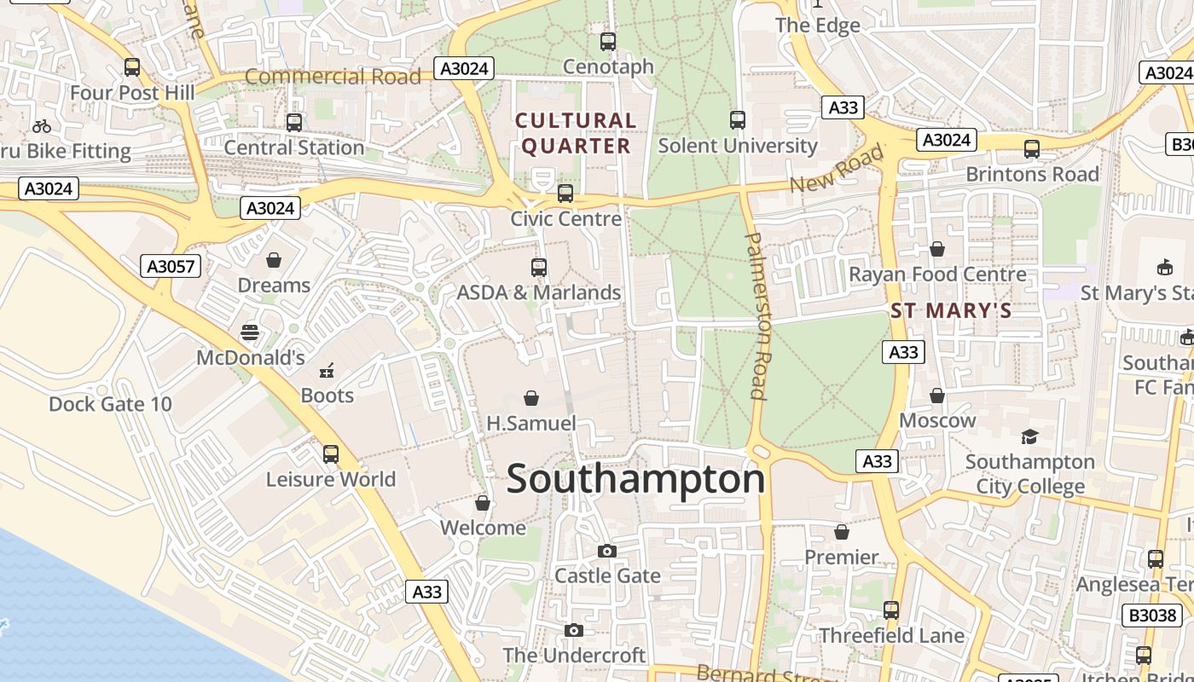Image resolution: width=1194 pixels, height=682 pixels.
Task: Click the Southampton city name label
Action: tap(635, 479)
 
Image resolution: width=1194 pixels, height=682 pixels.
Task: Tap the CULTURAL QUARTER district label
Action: tap(576, 134)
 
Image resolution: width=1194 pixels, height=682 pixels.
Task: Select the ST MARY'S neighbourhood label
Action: tap(951, 311)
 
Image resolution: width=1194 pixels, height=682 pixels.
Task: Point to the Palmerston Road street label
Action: tap(756, 315)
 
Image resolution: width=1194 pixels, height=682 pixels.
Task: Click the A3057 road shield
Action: tap(171, 267)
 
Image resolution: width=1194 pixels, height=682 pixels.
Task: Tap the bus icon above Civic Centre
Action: tap(565, 194)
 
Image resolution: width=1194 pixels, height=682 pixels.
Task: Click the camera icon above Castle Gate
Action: tap(606, 552)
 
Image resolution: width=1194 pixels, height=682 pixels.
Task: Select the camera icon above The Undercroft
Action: tap(574, 631)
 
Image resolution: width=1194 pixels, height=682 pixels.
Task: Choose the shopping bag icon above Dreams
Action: tap(274, 260)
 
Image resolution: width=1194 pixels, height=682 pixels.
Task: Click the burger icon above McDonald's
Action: tap(250, 332)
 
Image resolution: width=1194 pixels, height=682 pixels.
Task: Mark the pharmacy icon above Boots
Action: tap(326, 371)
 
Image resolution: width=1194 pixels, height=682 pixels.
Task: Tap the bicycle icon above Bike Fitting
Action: tap(42, 127)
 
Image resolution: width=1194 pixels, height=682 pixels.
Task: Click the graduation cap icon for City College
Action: tap(1029, 437)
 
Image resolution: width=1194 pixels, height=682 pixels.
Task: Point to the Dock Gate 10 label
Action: tap(110, 404)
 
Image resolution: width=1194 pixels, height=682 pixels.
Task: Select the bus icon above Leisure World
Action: tap(331, 454)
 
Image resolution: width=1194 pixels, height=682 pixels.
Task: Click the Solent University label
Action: tap(738, 146)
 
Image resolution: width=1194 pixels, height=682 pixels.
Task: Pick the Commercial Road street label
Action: tap(333, 77)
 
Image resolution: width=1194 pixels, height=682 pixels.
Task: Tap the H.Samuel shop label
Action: tap(531, 423)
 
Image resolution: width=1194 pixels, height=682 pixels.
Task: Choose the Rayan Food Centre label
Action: tap(937, 275)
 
